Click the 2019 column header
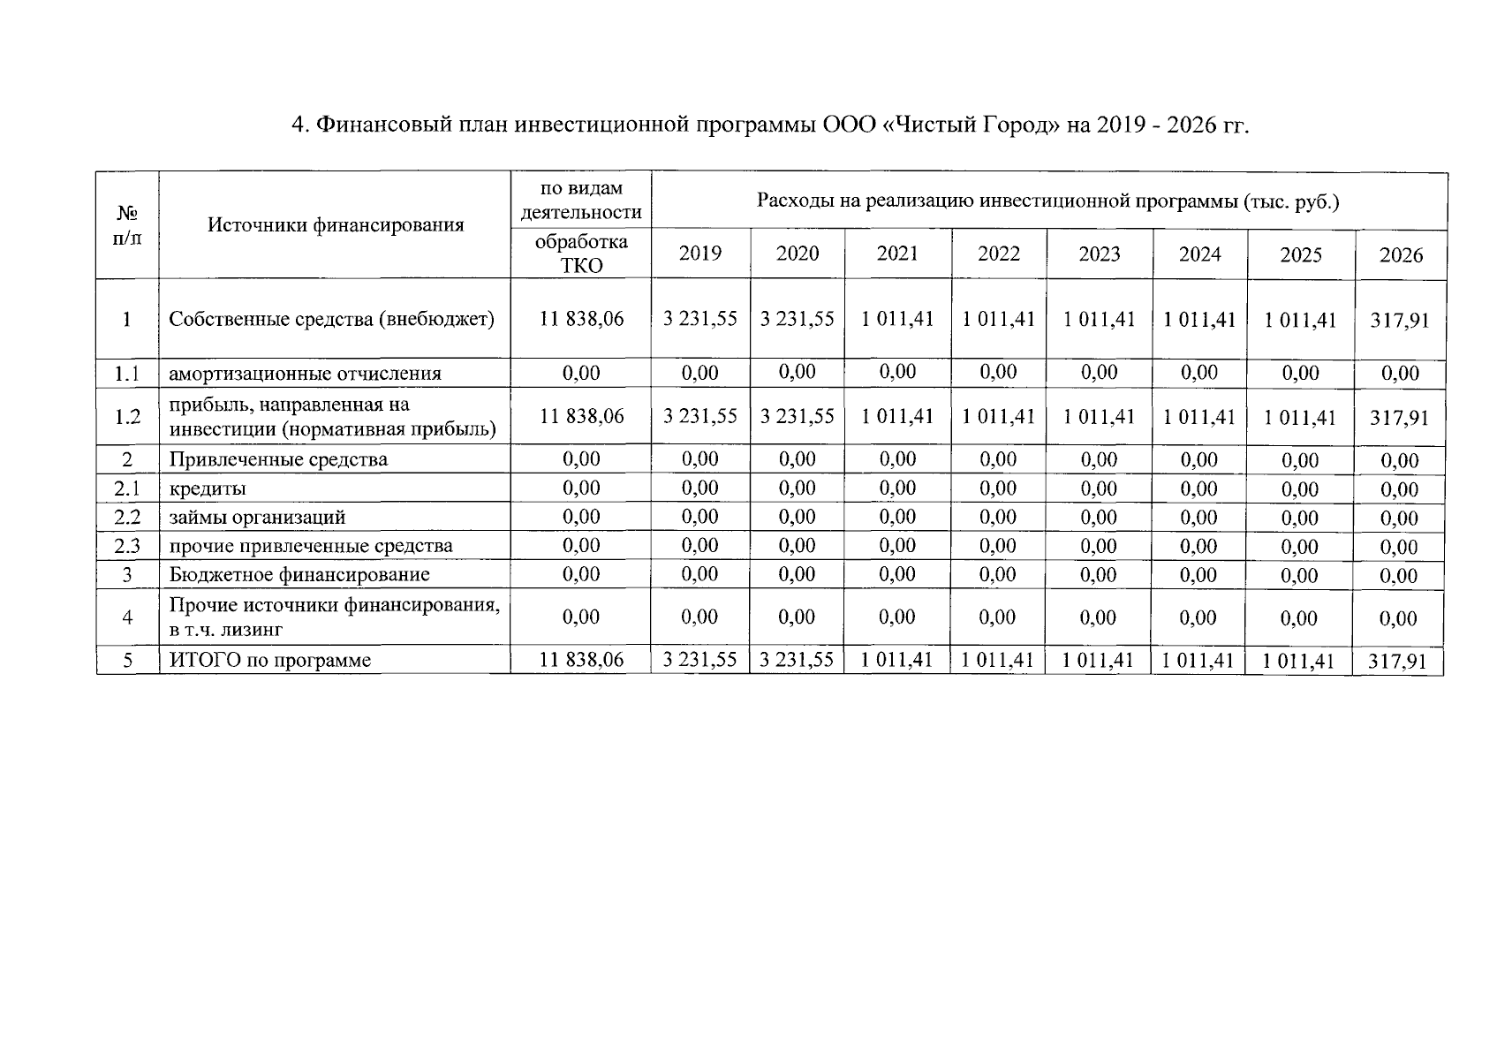click(x=699, y=254)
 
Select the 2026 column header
click(x=1401, y=255)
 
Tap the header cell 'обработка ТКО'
click(x=581, y=254)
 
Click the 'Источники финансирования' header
click(x=336, y=225)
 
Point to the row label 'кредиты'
click(x=208, y=488)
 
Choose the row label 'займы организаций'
click(x=257, y=518)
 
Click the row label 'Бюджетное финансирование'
click(x=299, y=575)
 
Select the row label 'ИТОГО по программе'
click(x=270, y=661)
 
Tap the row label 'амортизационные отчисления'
click(x=305, y=374)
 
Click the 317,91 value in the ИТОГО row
click(x=1398, y=661)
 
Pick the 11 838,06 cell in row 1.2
click(x=581, y=416)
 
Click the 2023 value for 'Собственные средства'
click(x=1099, y=319)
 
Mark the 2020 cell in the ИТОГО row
click(x=797, y=660)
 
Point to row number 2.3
click(x=127, y=546)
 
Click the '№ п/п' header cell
click(x=127, y=225)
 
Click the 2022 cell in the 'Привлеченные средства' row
click(x=998, y=459)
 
